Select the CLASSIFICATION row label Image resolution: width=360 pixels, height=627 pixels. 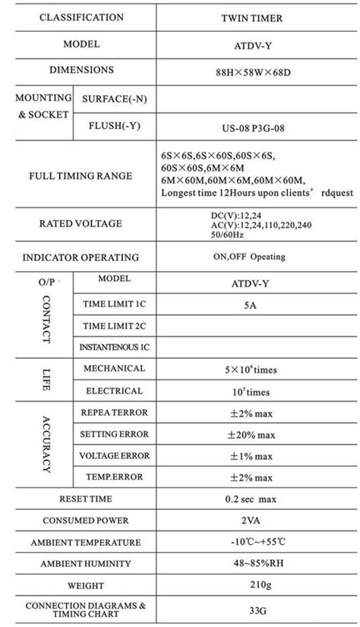pos(81,17)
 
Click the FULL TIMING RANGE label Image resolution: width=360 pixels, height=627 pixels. pos(81,176)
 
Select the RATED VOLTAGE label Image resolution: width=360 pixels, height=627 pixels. pos(81,225)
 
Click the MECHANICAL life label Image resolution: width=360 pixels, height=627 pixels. pos(114,369)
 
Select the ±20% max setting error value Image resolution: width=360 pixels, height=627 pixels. pos(248,434)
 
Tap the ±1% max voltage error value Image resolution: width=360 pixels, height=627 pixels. pos(248,455)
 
